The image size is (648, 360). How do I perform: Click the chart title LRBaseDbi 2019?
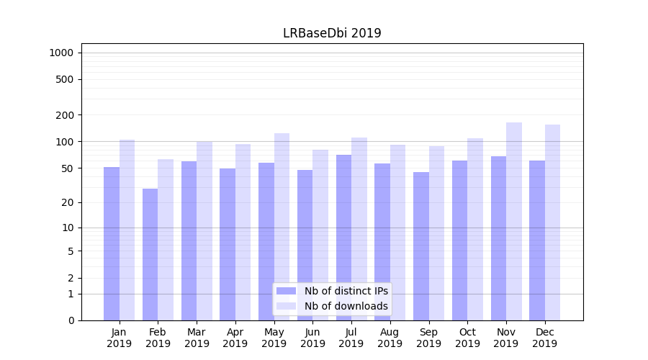point(332,33)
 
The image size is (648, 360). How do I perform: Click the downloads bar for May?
point(282,227)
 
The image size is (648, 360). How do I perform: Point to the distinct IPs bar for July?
point(343,238)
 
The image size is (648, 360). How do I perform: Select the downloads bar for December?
point(553,222)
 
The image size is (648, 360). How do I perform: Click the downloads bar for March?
point(204,230)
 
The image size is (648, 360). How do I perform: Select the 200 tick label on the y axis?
point(65,115)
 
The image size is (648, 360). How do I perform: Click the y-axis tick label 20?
point(67,202)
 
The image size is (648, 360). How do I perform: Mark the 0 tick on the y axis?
point(71,320)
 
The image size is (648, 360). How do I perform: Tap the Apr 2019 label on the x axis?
point(235,338)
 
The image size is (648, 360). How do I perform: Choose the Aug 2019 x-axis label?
point(390,338)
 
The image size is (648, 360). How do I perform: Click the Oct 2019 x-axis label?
point(467,338)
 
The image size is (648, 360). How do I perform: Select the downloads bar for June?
point(320,235)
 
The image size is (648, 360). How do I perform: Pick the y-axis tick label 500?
point(65,79)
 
